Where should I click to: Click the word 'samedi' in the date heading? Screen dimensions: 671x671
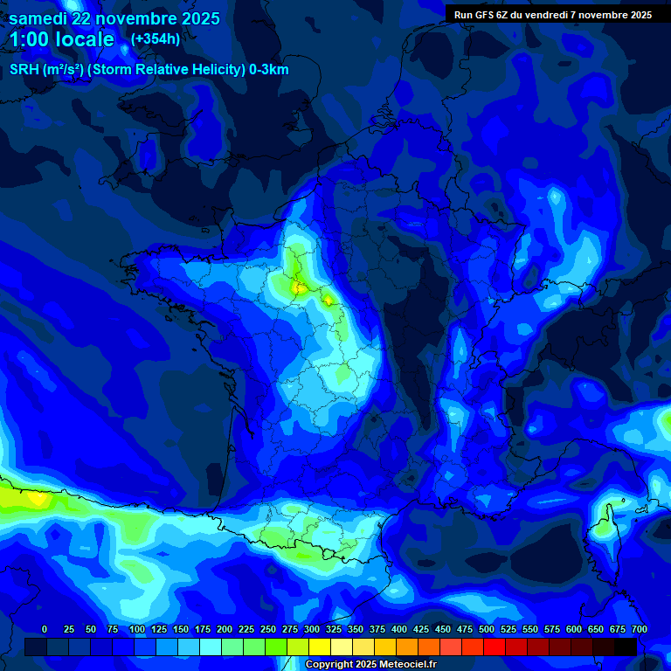(x=38, y=18)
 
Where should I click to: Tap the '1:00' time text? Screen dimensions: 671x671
(x=32, y=39)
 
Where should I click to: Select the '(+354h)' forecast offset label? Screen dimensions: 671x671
(x=155, y=38)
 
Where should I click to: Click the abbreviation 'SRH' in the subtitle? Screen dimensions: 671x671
(x=24, y=70)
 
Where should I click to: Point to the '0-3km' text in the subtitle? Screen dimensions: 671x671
(x=268, y=70)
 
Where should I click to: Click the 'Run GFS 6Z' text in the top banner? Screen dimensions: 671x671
(x=486, y=14)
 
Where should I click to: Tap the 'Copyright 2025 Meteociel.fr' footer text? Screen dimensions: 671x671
(x=370, y=664)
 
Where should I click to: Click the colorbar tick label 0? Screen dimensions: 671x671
(x=45, y=629)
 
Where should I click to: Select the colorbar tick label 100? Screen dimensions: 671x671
(x=136, y=629)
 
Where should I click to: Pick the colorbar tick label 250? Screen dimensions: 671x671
(x=268, y=629)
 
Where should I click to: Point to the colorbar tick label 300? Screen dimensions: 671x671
(x=312, y=629)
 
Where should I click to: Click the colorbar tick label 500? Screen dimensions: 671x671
(x=487, y=629)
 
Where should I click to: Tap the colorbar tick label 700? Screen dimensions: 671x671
(x=639, y=629)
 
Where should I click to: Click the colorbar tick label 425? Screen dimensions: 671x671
(x=421, y=629)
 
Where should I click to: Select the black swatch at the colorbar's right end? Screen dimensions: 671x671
(x=626, y=647)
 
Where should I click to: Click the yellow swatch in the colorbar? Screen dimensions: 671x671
(x=320, y=647)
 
